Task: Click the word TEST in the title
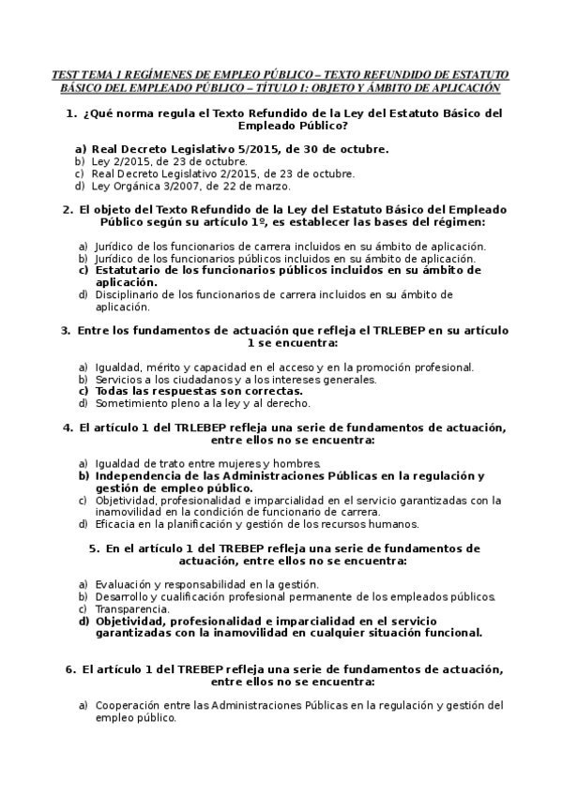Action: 66,74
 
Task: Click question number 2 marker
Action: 68,210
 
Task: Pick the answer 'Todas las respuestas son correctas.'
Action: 199,391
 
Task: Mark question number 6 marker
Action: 70,670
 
